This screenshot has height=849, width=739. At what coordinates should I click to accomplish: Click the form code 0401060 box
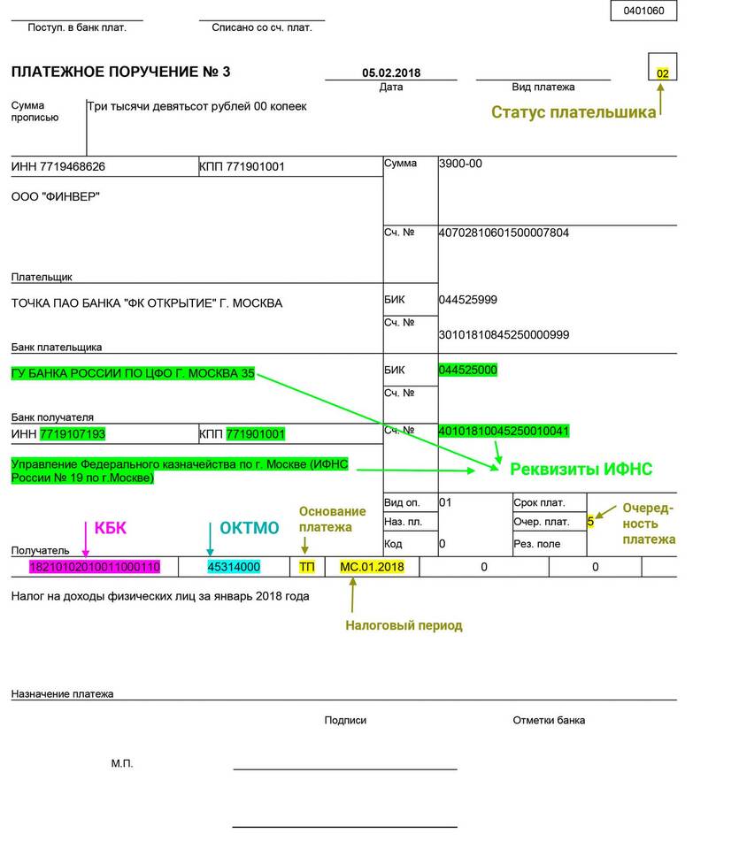point(643,11)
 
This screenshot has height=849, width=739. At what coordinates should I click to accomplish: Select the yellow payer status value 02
point(663,73)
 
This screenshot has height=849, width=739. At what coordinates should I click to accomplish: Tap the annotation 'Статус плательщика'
point(573,112)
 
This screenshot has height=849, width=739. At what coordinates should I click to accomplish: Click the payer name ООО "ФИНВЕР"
point(56,196)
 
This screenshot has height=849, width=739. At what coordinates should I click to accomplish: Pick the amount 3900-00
point(460,164)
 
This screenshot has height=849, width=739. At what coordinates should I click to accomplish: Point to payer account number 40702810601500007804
point(504,233)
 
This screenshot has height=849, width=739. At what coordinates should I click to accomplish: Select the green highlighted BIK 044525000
point(468,369)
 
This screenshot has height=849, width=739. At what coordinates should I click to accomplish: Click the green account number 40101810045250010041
point(504,431)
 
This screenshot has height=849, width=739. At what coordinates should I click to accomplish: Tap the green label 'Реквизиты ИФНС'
point(581,469)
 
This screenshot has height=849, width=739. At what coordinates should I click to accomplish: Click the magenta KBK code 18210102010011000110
point(95,566)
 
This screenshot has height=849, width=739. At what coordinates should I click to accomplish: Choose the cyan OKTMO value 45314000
point(234,566)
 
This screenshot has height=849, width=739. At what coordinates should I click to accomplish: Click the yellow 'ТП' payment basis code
point(307,566)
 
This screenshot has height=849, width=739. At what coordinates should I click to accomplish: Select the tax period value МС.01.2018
point(366,566)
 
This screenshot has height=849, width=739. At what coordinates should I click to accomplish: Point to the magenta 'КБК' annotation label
point(111,528)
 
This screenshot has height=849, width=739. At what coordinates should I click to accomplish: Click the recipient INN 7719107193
point(73,434)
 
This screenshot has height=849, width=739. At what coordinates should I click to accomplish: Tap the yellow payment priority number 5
point(590,522)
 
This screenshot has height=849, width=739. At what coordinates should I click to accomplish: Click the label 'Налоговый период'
point(404,625)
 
